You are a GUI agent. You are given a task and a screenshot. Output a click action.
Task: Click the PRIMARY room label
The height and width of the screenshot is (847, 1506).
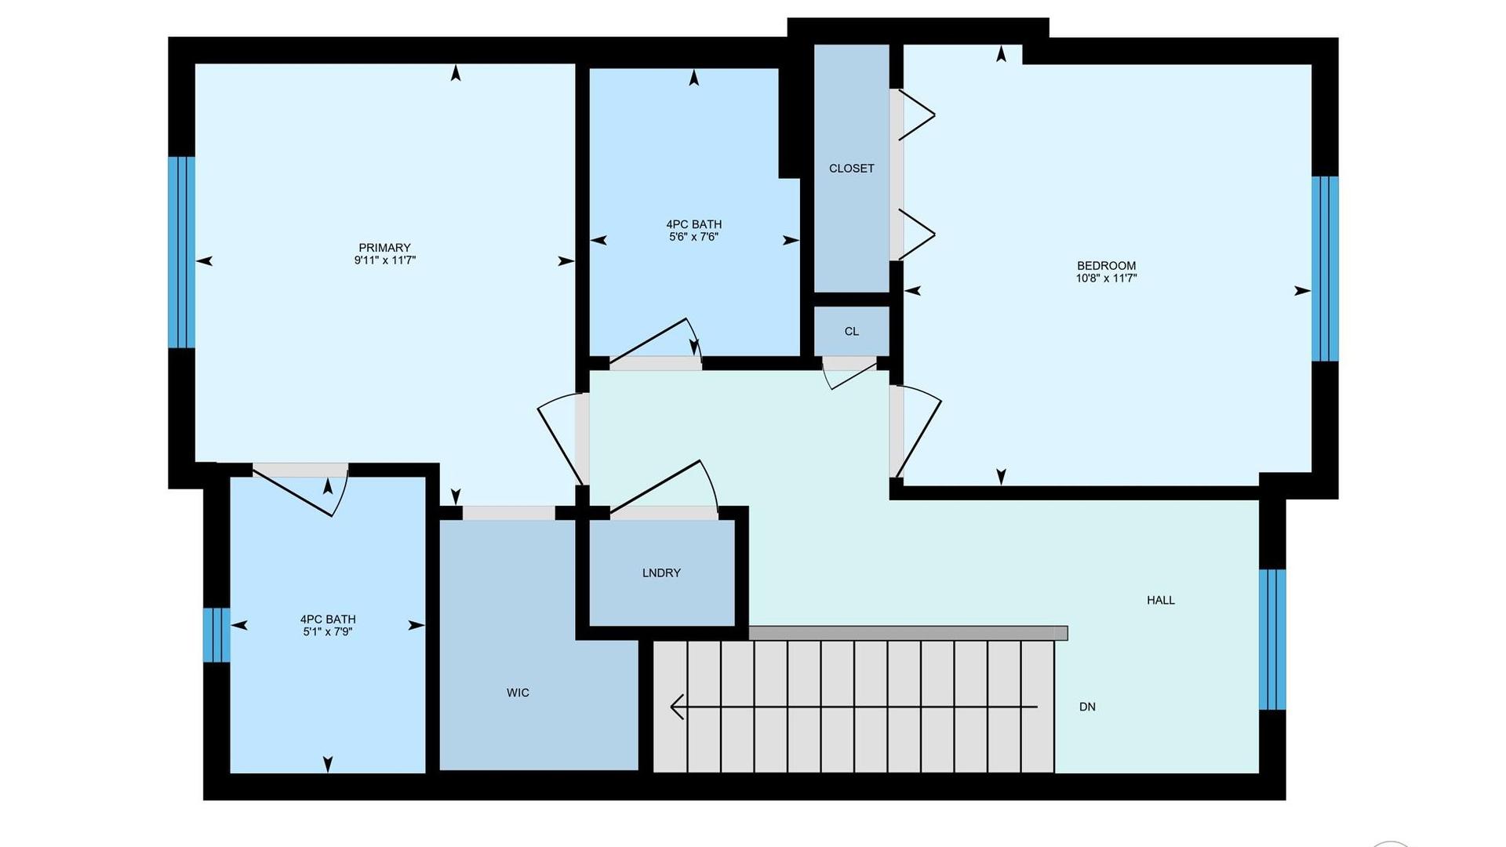click(384, 248)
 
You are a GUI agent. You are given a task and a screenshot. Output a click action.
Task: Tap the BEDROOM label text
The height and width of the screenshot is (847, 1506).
click(1106, 266)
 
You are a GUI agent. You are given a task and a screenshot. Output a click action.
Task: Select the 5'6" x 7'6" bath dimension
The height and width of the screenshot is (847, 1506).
click(693, 237)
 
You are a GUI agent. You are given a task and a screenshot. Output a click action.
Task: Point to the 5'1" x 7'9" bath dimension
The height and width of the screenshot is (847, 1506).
click(328, 631)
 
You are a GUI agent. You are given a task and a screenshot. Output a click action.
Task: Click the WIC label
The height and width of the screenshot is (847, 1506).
click(518, 693)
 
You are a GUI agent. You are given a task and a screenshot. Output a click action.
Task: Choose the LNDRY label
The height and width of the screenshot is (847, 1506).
click(661, 573)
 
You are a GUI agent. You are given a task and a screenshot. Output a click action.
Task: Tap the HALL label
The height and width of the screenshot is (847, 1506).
click(1161, 600)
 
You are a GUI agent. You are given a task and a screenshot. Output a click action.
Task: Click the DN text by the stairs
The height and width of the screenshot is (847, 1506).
click(1087, 707)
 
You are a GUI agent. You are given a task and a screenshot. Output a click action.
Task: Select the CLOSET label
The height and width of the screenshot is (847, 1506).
click(852, 169)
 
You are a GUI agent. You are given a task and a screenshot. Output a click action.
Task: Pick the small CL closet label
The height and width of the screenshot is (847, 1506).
click(852, 332)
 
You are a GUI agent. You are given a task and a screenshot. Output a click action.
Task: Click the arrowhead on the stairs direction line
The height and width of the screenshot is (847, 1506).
click(677, 707)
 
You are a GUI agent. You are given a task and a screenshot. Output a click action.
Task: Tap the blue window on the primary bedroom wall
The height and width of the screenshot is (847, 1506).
click(181, 252)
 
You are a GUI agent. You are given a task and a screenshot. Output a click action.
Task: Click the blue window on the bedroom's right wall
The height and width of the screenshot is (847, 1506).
click(1325, 268)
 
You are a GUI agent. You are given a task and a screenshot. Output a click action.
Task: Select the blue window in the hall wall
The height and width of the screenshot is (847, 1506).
click(1272, 639)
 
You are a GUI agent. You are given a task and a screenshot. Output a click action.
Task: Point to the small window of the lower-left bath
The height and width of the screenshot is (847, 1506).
click(216, 634)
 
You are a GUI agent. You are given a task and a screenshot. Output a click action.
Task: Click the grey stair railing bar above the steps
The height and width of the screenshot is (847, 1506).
click(908, 633)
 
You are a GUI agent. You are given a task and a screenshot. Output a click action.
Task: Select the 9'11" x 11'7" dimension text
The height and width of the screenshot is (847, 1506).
click(384, 260)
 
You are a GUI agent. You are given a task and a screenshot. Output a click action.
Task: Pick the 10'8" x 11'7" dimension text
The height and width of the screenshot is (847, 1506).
click(1106, 278)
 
